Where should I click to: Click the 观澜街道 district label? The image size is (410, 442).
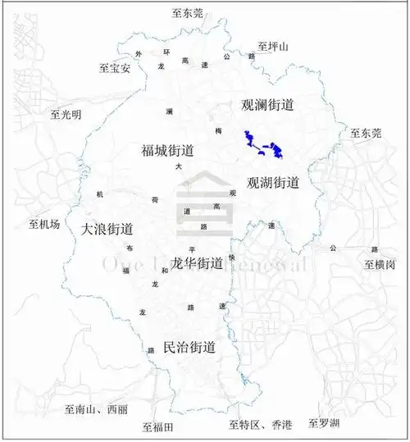tap(266, 106)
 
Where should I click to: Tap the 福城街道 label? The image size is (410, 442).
tap(167, 151)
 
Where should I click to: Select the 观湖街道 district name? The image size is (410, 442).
tap(273, 182)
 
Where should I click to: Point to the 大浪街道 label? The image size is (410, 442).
tap(107, 230)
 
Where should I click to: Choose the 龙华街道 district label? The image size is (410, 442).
tap(197, 263)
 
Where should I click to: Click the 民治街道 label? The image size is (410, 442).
tap(189, 348)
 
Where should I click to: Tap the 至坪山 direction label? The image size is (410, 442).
tap(273, 47)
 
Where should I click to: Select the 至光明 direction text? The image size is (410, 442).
tap(66, 115)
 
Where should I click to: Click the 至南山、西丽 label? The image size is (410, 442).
tap(96, 409)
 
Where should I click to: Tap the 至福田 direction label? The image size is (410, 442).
tap(157, 426)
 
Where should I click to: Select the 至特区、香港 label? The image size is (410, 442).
tap(261, 425)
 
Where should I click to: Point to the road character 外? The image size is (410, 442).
tap(139, 55)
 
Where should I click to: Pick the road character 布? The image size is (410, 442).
tap(130, 248)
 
